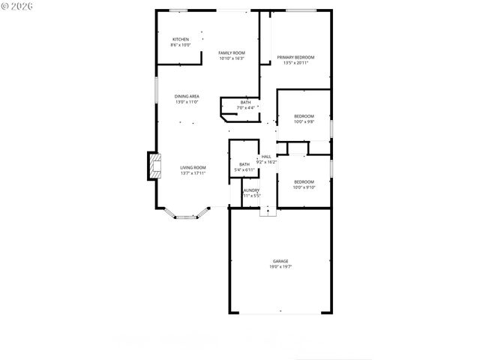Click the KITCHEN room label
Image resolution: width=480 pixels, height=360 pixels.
(181, 39)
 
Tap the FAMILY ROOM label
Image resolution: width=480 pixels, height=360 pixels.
(232, 52)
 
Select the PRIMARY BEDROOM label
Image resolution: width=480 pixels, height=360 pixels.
(295, 58)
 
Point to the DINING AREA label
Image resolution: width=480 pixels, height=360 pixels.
(187, 96)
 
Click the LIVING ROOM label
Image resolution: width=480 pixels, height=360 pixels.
(193, 167)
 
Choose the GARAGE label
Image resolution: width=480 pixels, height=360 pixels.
(280, 261)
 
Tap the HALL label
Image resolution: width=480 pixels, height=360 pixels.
(266, 157)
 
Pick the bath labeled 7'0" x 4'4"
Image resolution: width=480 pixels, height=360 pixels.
(246, 103)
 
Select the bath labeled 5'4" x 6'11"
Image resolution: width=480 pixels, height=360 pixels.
(244, 164)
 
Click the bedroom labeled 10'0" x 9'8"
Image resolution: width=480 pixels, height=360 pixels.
(304, 115)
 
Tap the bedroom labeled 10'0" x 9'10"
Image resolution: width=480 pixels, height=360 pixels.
(304, 181)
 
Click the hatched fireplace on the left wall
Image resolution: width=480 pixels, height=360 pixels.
(153, 166)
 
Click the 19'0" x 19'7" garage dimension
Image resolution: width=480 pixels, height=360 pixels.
(280, 267)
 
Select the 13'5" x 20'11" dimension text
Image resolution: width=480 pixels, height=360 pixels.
(295, 64)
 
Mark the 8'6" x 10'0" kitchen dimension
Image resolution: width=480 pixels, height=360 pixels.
(181, 45)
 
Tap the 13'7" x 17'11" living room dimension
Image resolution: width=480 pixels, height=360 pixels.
(193, 173)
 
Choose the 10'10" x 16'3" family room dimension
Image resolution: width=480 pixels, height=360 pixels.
(232, 58)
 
